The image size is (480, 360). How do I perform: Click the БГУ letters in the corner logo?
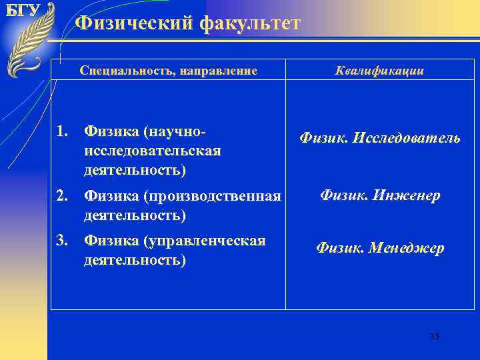[x=22, y=11]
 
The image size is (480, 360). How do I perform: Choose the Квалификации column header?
[x=380, y=71]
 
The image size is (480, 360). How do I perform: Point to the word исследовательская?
[x=152, y=151]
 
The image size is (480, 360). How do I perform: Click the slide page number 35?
[x=435, y=337]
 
